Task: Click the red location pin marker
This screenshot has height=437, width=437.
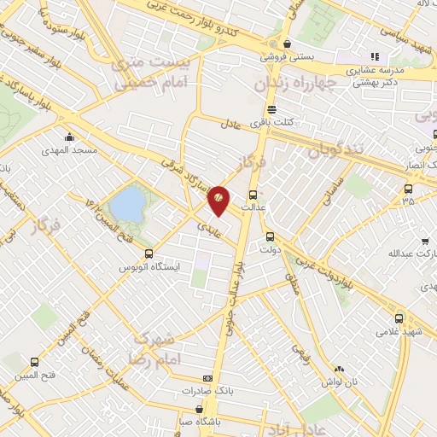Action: pyautogui.click(x=218, y=199)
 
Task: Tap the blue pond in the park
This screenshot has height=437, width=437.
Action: pyautogui.click(x=128, y=204)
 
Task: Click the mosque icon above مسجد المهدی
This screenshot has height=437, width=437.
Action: pyautogui.click(x=68, y=137)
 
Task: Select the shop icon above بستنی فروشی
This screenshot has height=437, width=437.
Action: pyautogui.click(x=288, y=44)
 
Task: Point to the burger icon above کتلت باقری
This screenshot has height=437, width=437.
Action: pyautogui.click(x=271, y=109)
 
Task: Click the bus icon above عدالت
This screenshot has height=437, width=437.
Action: pyautogui.click(x=253, y=193)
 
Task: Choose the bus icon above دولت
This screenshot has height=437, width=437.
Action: pyautogui.click(x=270, y=237)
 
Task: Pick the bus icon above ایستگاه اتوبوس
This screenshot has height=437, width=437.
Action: pyautogui.click(x=149, y=253)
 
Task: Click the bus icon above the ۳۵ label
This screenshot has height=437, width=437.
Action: pyautogui.click(x=408, y=189)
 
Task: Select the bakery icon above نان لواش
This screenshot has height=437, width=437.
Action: pyautogui.click(x=341, y=369)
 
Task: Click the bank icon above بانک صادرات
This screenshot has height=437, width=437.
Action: pyautogui.click(x=206, y=378)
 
